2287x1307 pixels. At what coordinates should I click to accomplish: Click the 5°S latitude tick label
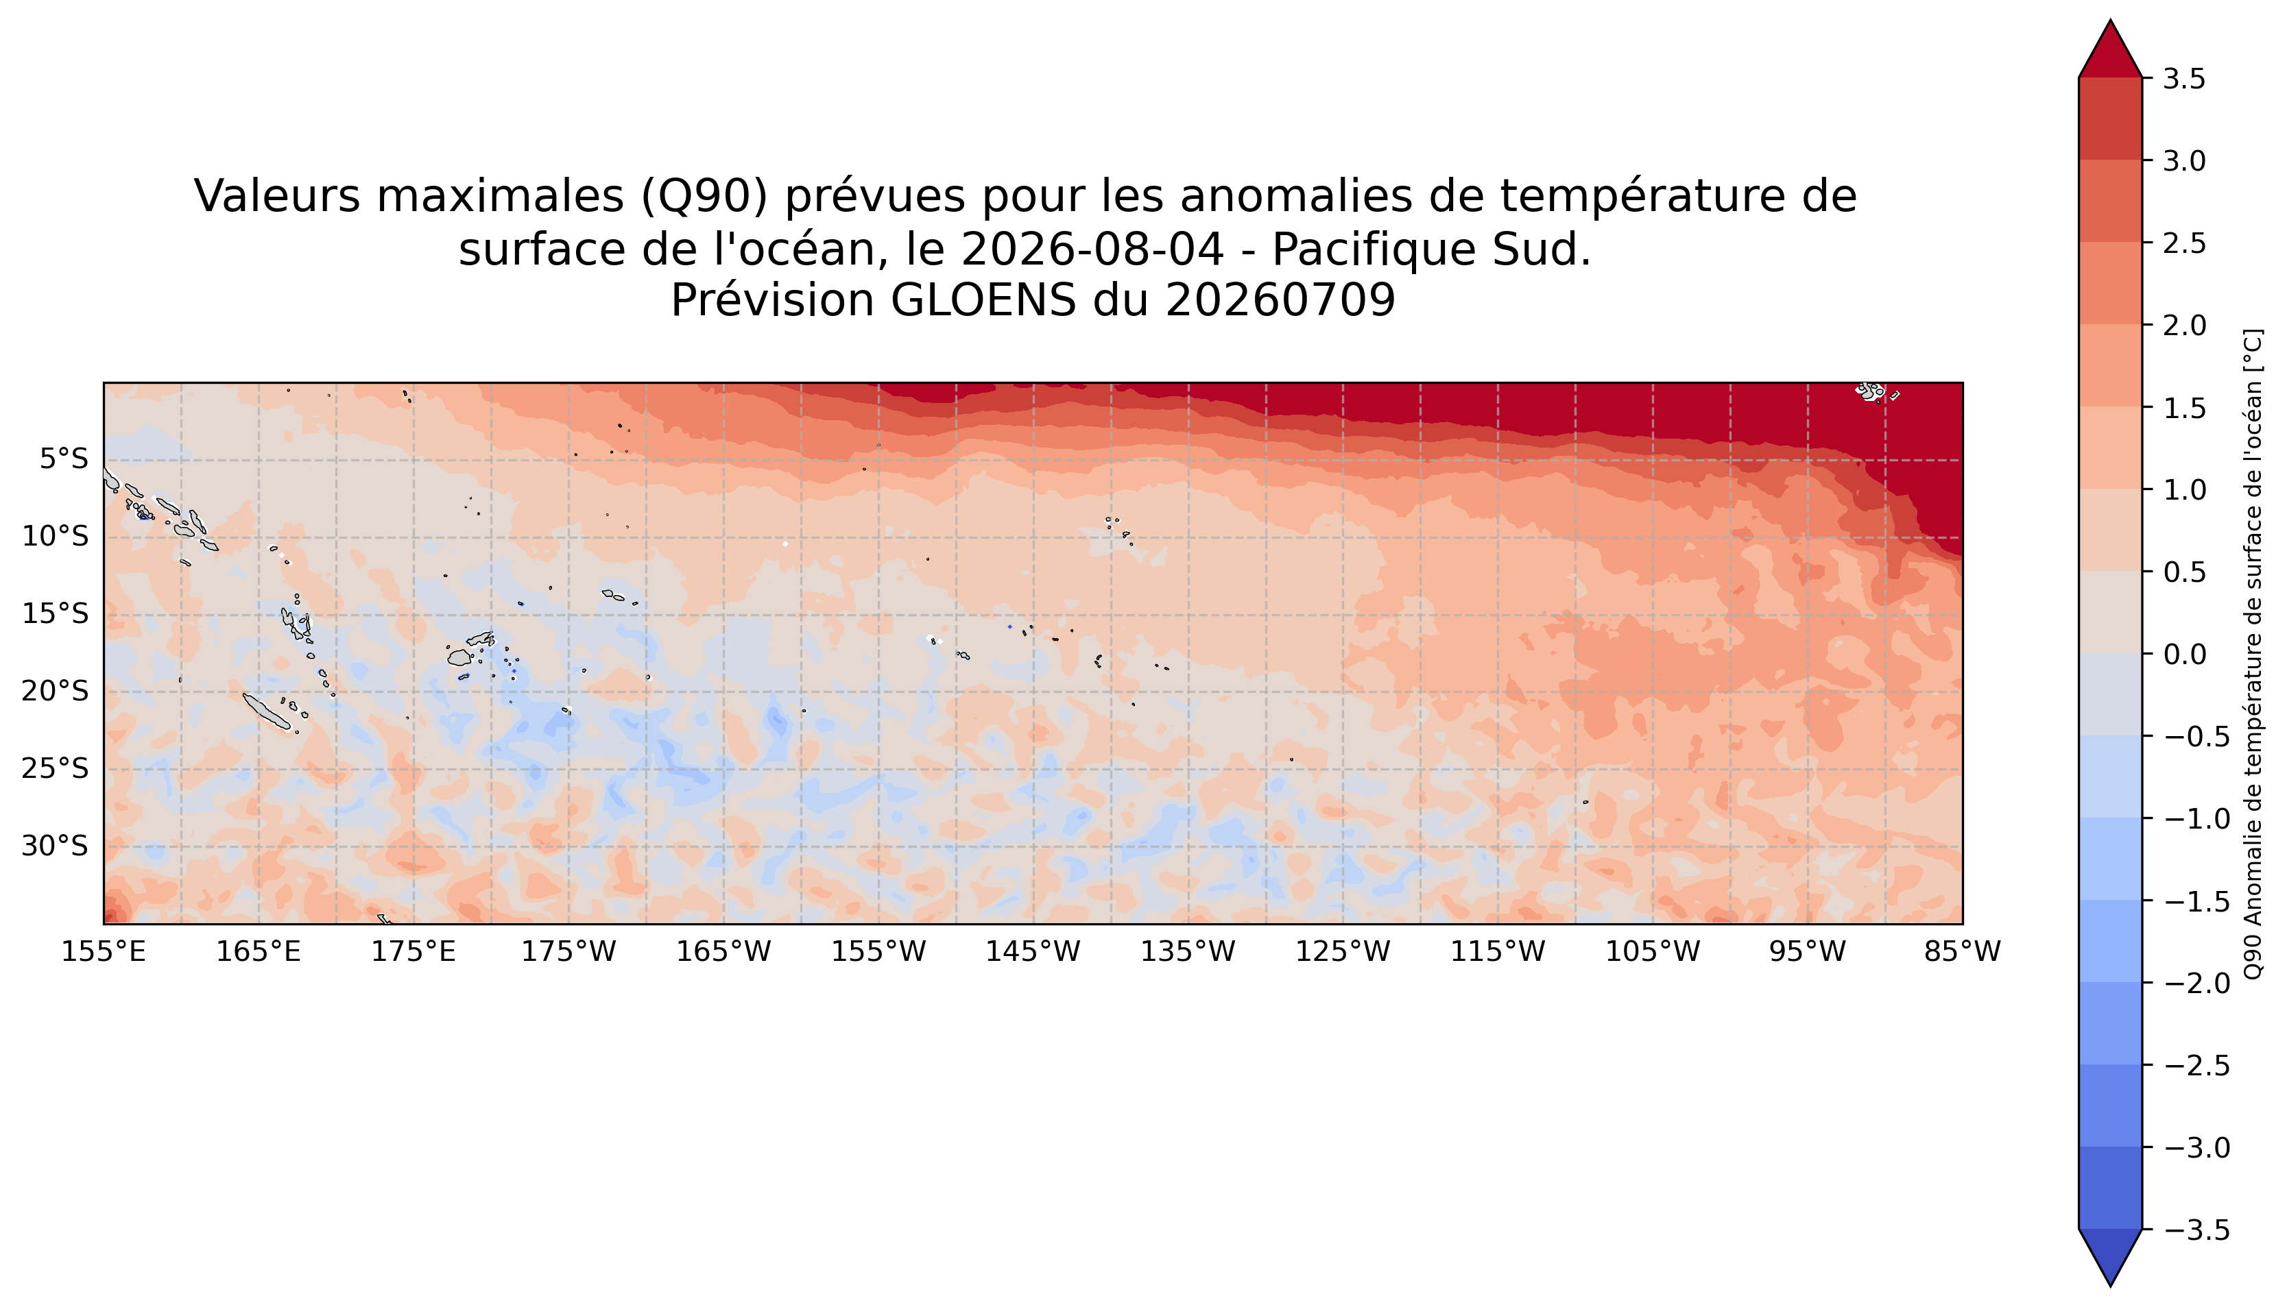64,460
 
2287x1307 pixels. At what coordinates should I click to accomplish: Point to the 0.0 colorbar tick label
2185,655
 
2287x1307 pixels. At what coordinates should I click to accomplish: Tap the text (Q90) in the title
705,197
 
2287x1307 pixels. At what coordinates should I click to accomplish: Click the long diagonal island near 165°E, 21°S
267,711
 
